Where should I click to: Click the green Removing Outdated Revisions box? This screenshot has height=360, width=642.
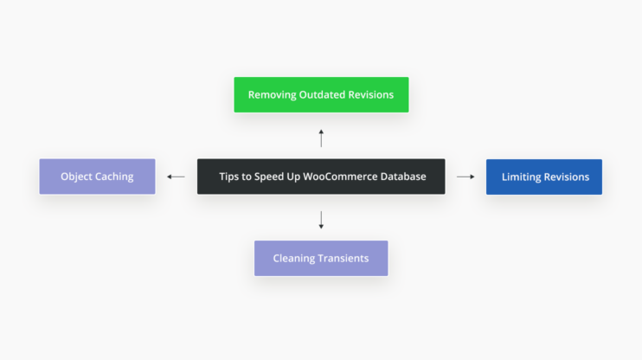321,94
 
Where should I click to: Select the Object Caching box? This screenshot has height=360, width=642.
97,177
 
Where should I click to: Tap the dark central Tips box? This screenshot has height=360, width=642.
321,177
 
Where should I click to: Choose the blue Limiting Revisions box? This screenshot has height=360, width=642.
544,177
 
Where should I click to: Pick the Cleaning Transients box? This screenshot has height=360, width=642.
321,258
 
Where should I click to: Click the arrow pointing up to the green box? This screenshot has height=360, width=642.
321,138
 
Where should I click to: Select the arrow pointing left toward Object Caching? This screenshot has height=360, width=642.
176,177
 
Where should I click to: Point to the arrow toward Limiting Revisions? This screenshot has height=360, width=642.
465,177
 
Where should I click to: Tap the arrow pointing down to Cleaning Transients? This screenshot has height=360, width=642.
321,220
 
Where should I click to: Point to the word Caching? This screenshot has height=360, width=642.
114,177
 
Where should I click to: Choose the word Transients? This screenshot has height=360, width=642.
343,258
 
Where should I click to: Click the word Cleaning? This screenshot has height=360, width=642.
294,258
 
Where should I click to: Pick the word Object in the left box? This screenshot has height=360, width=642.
76,177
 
